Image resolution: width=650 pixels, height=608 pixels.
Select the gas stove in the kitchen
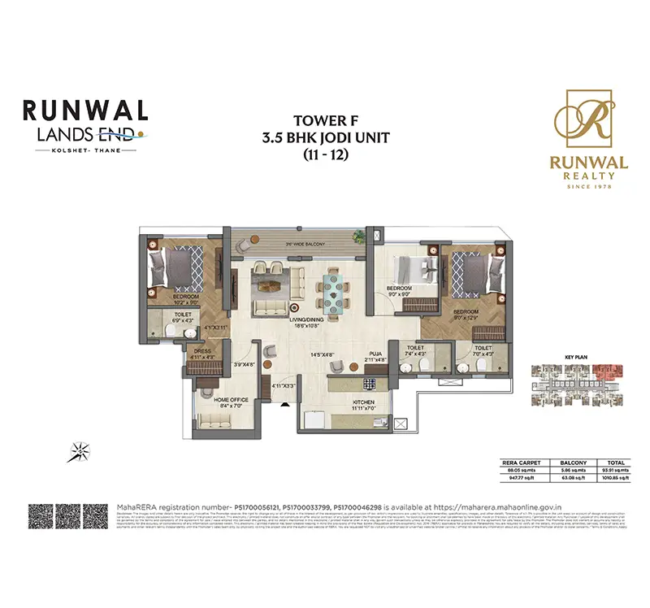(x=370, y=383)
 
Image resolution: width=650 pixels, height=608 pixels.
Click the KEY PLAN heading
(x=574, y=357)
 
